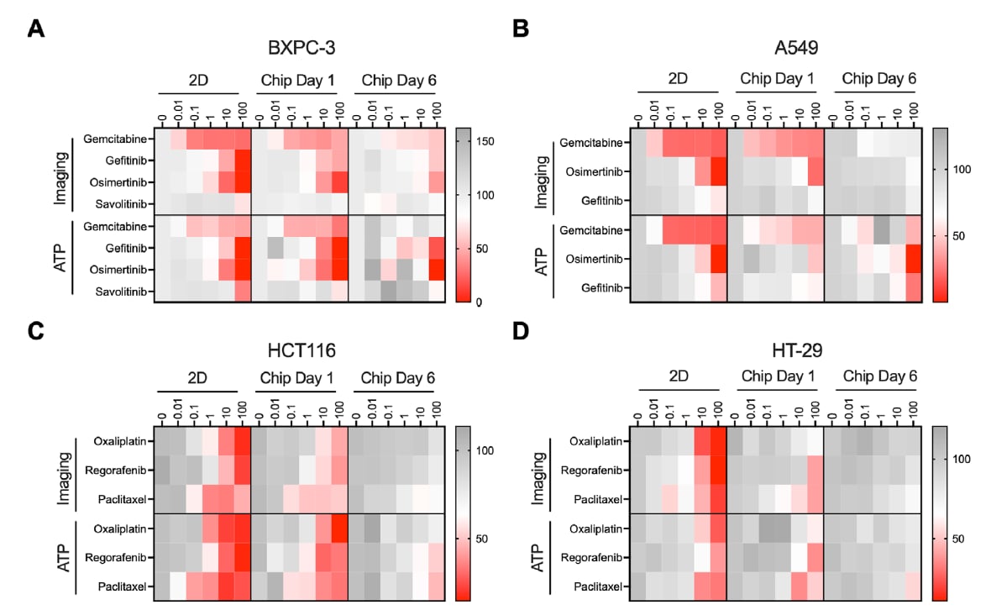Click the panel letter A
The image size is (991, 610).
point(35,29)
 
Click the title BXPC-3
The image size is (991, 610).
point(302,48)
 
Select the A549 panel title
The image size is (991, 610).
point(775,48)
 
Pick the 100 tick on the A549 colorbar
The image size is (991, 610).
point(962,169)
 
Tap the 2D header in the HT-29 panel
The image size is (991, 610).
point(679,377)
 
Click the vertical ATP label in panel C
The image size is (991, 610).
point(62,559)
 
